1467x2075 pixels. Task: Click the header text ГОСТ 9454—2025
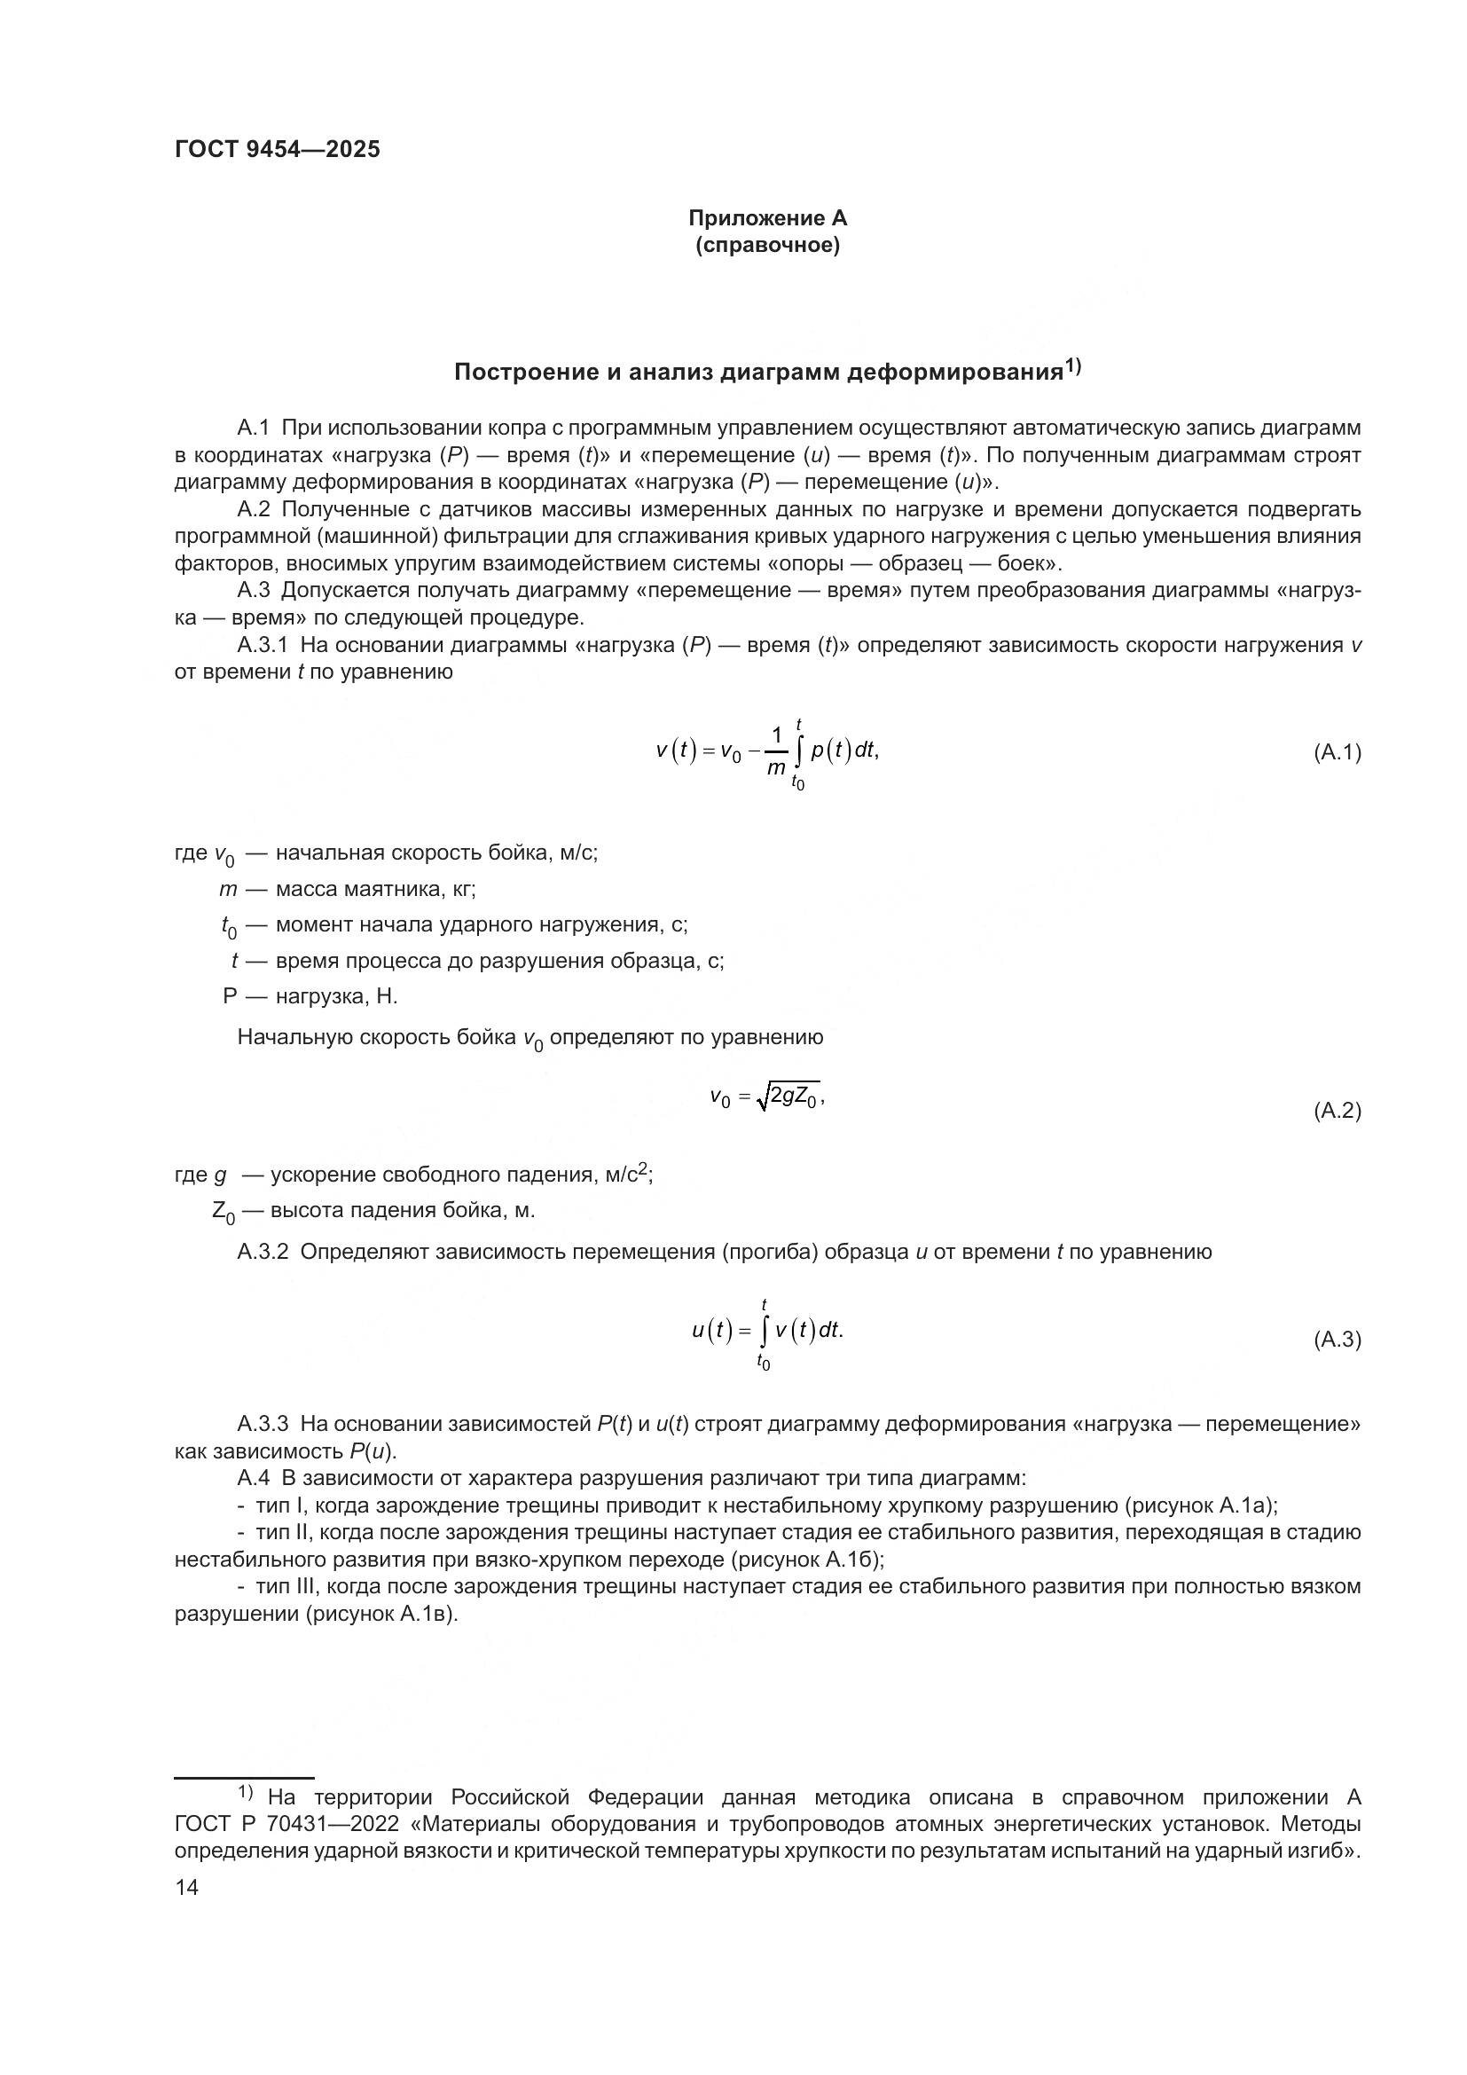point(278,150)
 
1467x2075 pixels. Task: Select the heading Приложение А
point(767,218)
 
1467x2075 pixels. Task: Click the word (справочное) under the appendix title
point(767,245)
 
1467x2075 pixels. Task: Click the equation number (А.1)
point(1336,752)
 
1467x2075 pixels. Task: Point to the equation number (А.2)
point(1336,1111)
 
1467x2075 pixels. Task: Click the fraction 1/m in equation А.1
point(776,752)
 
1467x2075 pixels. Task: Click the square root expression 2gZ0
point(790,1097)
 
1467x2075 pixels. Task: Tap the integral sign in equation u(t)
point(765,1331)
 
